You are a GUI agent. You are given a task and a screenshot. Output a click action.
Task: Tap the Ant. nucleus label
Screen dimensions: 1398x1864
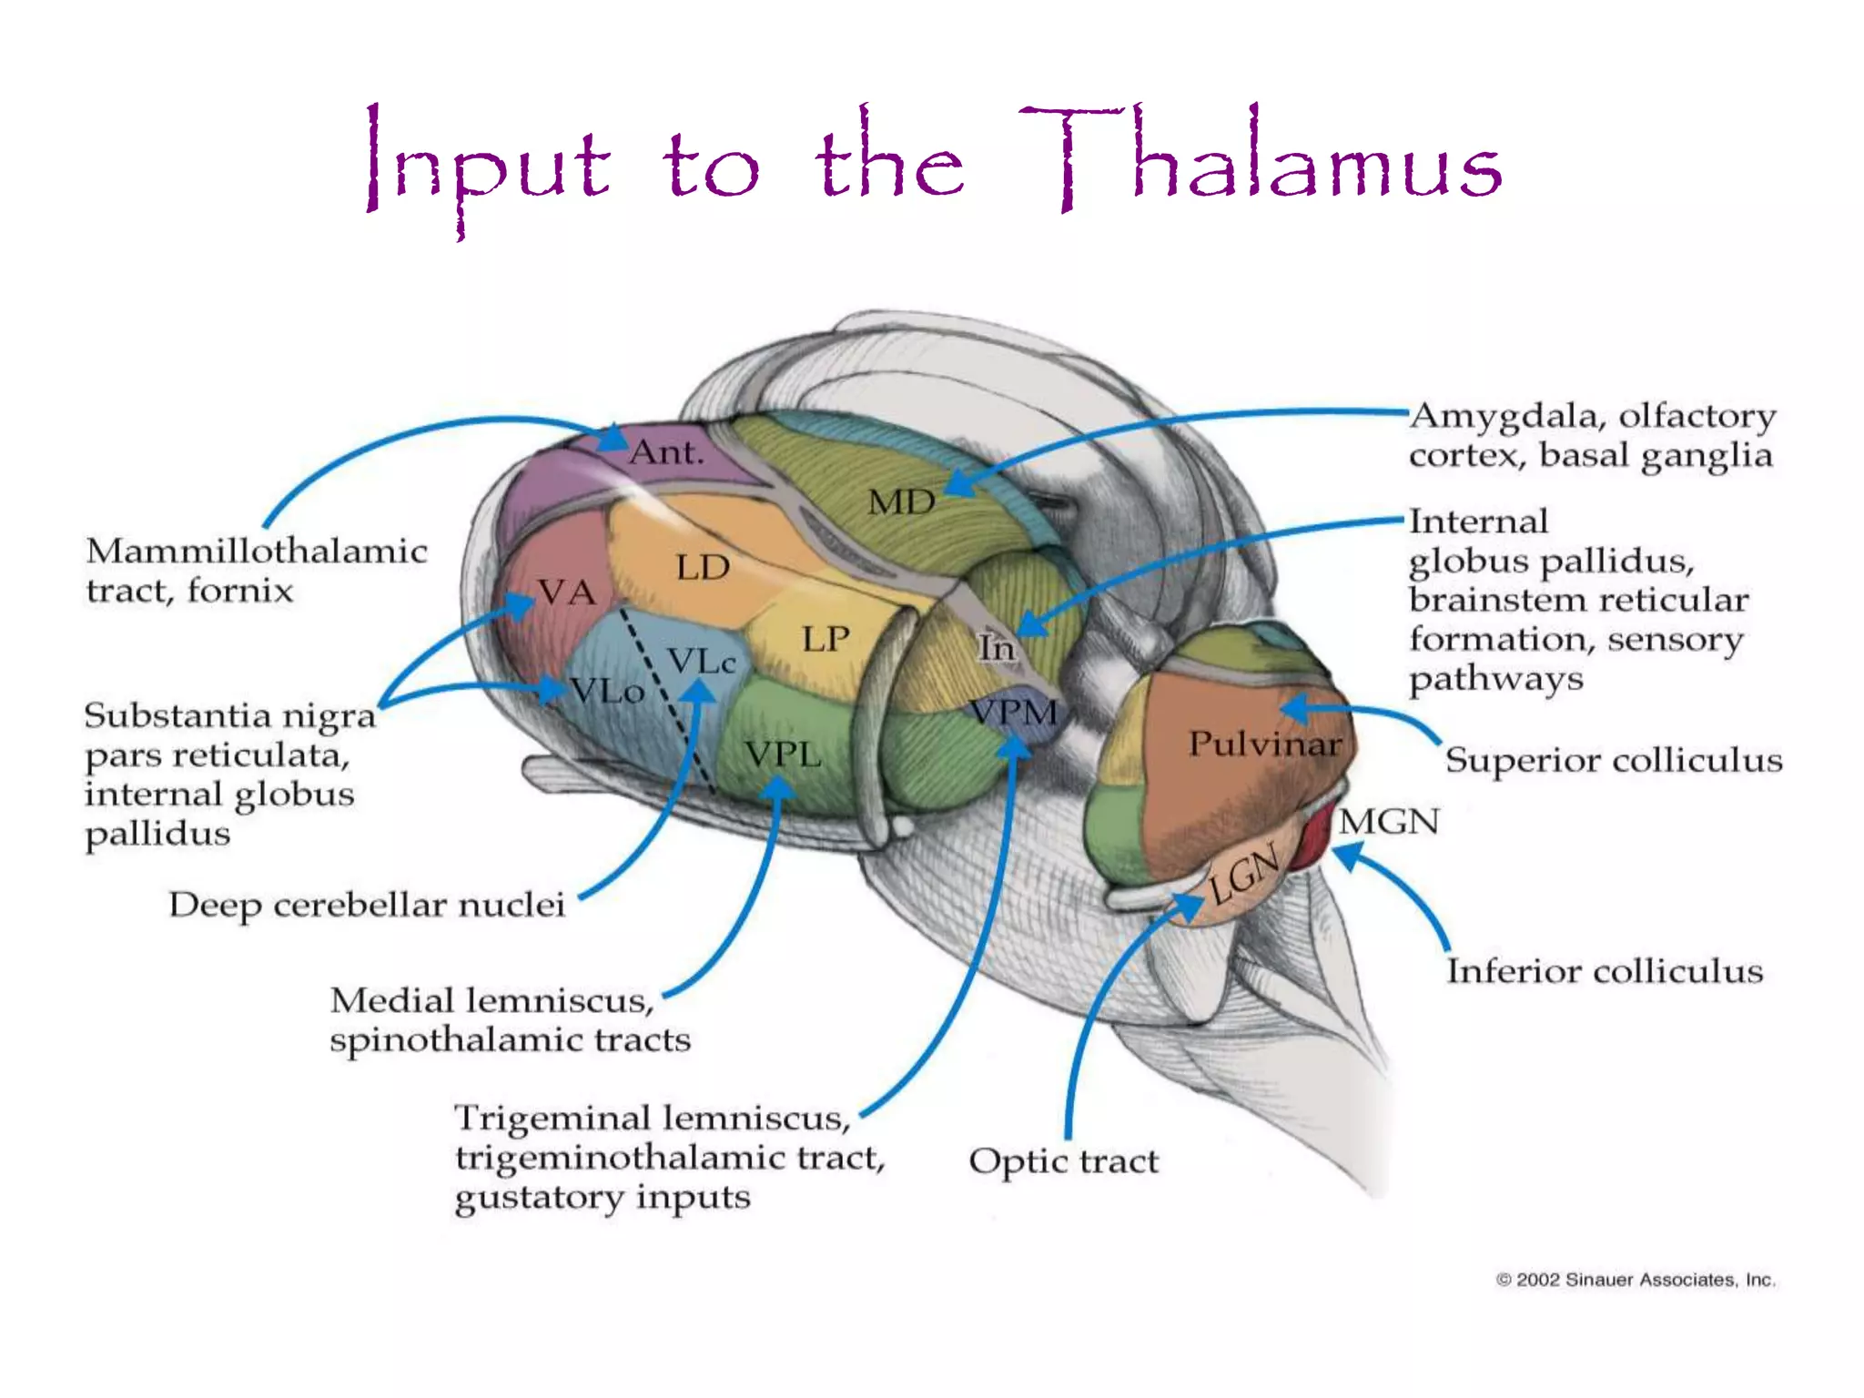667,452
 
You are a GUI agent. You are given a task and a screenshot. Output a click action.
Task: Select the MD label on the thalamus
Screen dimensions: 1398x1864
901,502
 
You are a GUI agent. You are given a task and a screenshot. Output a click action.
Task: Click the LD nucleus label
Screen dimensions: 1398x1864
703,568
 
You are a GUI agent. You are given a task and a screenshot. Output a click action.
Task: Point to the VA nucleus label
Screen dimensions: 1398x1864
566,593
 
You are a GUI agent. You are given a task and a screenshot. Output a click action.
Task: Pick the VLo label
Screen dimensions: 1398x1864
607,692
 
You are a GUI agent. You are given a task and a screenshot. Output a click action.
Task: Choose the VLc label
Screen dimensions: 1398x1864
701,662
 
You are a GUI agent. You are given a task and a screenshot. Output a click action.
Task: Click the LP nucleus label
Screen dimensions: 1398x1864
826,639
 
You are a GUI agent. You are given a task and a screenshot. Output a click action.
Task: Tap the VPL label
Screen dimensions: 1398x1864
783,755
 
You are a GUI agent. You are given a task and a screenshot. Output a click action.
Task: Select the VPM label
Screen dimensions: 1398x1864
1014,712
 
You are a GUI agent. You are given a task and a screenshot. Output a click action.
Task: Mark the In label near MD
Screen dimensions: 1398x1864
996,648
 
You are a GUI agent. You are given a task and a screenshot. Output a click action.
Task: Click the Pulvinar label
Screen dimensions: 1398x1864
1265,745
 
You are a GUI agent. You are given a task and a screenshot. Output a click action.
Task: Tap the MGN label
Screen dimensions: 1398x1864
1389,822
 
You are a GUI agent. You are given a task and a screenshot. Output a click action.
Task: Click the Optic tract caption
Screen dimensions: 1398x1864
1063,1161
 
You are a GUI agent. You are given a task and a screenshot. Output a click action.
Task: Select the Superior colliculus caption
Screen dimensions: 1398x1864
1613,760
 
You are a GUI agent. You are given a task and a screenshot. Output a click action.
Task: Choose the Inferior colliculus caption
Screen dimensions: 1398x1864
1605,971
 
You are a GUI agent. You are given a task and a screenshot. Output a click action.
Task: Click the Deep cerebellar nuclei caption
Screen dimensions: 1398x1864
367,905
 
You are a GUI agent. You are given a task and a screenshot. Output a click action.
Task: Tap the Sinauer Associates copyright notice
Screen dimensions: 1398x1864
1636,1280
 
